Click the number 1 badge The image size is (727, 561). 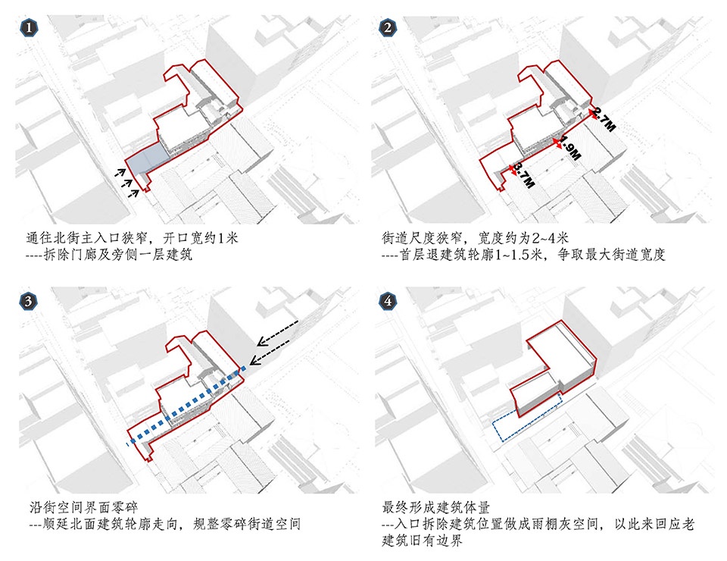pyautogui.click(x=28, y=28)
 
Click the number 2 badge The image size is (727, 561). pyautogui.click(x=388, y=28)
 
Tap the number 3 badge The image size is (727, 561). pyautogui.click(x=28, y=301)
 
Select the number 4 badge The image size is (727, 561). pyautogui.click(x=388, y=301)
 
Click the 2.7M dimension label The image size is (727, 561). pyautogui.click(x=604, y=120)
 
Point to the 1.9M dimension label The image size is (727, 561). pyautogui.click(x=569, y=148)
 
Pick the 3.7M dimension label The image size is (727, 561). pyautogui.click(x=524, y=175)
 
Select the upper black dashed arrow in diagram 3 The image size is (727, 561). pyautogui.click(x=277, y=332)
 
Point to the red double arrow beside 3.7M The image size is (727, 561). pyautogui.click(x=513, y=171)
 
